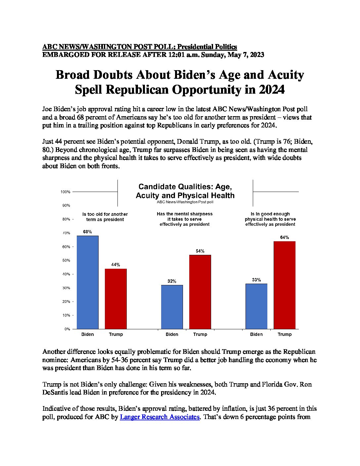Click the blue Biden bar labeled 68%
(87, 282)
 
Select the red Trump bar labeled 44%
(115, 299)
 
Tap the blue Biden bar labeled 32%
(172, 307)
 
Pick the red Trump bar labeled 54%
(200, 292)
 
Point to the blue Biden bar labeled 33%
(256, 306)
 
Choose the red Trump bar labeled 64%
(285, 285)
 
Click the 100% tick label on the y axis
(66, 192)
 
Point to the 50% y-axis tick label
(66, 260)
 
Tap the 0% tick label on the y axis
(67, 329)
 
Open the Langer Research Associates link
(160, 417)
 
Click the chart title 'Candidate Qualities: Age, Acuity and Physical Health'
(185, 191)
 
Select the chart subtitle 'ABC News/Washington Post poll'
(185, 202)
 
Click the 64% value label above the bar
(285, 237)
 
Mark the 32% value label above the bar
(172, 281)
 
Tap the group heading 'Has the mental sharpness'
(185, 214)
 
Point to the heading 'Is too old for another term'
(105, 216)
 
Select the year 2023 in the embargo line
(257, 55)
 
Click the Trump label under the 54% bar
(200, 334)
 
